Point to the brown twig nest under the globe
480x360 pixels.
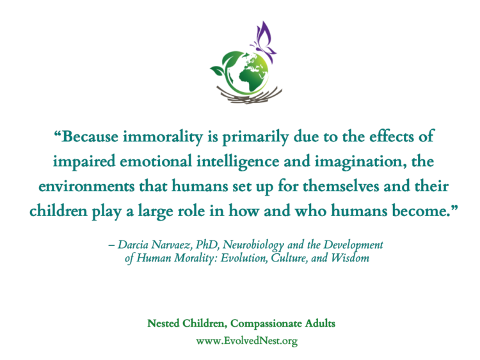click(x=249, y=95)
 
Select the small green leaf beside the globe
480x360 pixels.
click(x=218, y=71)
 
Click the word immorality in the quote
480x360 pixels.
click(x=163, y=136)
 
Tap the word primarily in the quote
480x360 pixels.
click(x=255, y=137)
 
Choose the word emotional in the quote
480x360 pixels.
click(x=156, y=161)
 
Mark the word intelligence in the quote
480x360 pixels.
click(x=238, y=162)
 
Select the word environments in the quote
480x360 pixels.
click(x=86, y=186)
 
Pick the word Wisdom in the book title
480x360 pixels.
click(x=350, y=258)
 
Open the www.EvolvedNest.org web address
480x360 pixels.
click(x=247, y=341)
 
